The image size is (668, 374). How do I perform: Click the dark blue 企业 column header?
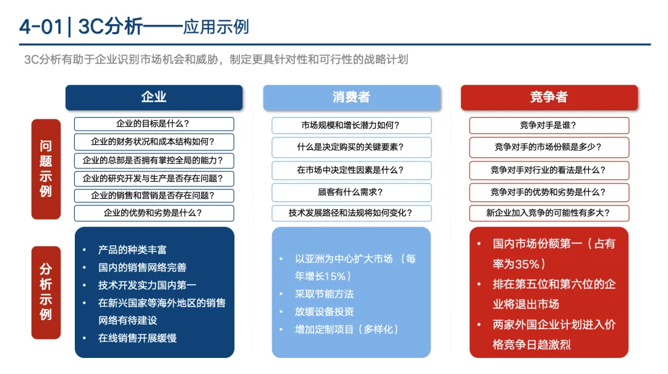pyautogui.click(x=154, y=97)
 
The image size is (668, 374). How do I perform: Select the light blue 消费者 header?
pyautogui.click(x=351, y=97)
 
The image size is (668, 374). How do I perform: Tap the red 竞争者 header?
pyautogui.click(x=549, y=97)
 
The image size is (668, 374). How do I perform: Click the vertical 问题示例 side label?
pyautogui.click(x=46, y=168)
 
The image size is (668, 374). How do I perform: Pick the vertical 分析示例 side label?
pyautogui.click(x=46, y=292)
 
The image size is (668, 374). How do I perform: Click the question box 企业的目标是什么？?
pyautogui.click(x=154, y=124)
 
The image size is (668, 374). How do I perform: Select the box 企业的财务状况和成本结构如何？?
pyautogui.click(x=154, y=142)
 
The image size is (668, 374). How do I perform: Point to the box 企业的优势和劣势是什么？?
pyautogui.click(x=154, y=213)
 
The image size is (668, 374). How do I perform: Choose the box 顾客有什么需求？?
pyautogui.click(x=351, y=192)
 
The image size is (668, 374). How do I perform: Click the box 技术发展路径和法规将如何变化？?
pyautogui.click(x=351, y=213)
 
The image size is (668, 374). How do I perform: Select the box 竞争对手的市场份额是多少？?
pyautogui.click(x=549, y=147)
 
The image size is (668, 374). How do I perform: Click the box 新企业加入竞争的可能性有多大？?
pyautogui.click(x=549, y=213)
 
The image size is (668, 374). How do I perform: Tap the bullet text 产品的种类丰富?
pyautogui.click(x=132, y=250)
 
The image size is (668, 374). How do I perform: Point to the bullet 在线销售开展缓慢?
pyautogui.click(x=137, y=338)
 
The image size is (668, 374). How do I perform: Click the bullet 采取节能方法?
pyautogui.click(x=325, y=294)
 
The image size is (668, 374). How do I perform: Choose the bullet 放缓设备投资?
pyautogui.click(x=325, y=311)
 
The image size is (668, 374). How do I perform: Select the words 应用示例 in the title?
pyautogui.click(x=216, y=27)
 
